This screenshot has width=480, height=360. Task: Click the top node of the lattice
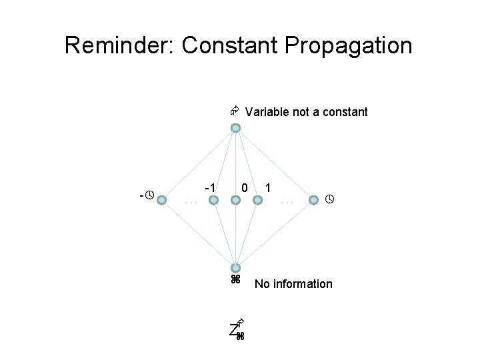pyautogui.click(x=235, y=128)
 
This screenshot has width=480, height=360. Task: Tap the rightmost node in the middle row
pyautogui.click(x=313, y=199)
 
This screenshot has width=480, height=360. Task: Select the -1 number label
pyautogui.click(x=209, y=188)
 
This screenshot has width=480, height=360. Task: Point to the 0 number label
pyautogui.click(x=245, y=189)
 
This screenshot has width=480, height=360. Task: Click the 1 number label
pyautogui.click(x=268, y=188)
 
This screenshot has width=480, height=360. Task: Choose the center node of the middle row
pyautogui.click(x=235, y=199)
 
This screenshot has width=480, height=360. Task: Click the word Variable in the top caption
pyautogui.click(x=267, y=112)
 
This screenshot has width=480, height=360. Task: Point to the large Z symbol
pyautogui.click(x=233, y=329)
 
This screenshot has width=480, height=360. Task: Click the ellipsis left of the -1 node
pyautogui.click(x=191, y=201)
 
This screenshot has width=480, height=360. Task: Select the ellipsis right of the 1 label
pyautogui.click(x=287, y=201)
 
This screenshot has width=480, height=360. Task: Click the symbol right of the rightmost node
pyautogui.click(x=329, y=199)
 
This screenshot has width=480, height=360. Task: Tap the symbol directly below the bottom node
pyautogui.click(x=235, y=279)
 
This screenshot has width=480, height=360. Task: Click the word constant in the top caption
pyautogui.click(x=344, y=112)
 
